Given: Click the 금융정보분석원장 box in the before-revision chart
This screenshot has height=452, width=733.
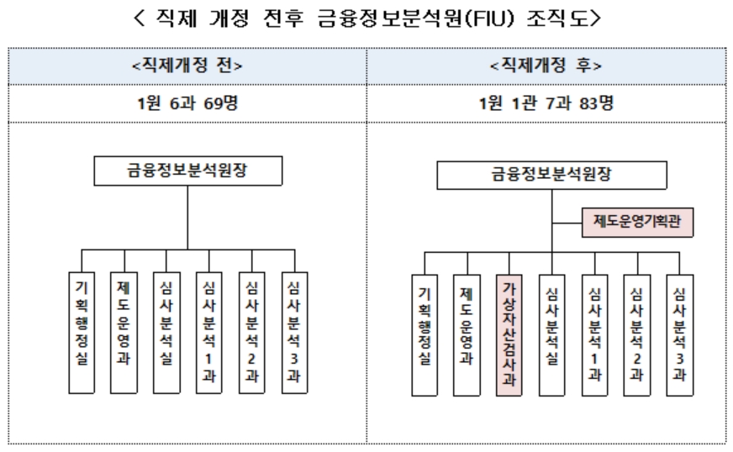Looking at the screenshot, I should tap(187, 171).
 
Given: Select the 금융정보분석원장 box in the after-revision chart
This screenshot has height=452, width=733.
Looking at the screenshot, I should tap(552, 175).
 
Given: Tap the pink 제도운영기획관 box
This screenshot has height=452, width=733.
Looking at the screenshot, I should tap(638, 223).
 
